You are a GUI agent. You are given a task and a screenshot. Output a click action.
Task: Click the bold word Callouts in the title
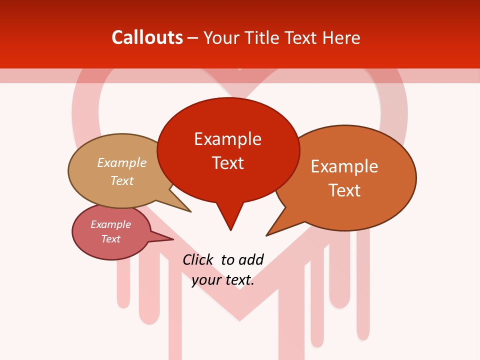pyautogui.click(x=147, y=37)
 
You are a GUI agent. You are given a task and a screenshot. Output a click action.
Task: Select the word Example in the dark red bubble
pyautogui.click(x=227, y=138)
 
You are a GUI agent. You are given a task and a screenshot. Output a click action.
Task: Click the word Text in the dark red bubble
pyautogui.click(x=227, y=162)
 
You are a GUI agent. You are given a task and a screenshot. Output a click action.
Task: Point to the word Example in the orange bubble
pyautogui.click(x=344, y=166)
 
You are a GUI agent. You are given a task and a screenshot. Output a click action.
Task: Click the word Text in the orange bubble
pyautogui.click(x=344, y=190)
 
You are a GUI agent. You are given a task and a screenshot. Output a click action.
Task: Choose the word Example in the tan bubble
pyautogui.click(x=121, y=162)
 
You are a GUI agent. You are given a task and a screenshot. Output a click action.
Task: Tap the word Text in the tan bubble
pyautogui.click(x=121, y=180)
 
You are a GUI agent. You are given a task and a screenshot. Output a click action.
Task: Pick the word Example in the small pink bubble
pyautogui.click(x=110, y=224)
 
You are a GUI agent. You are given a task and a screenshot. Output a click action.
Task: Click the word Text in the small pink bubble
pyautogui.click(x=110, y=239)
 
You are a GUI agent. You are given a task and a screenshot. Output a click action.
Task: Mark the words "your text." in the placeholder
pyautogui.click(x=223, y=280)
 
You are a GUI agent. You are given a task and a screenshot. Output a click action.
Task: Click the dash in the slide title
pyautogui.click(x=193, y=38)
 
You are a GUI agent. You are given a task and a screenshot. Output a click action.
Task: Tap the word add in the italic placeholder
pyautogui.click(x=251, y=259)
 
